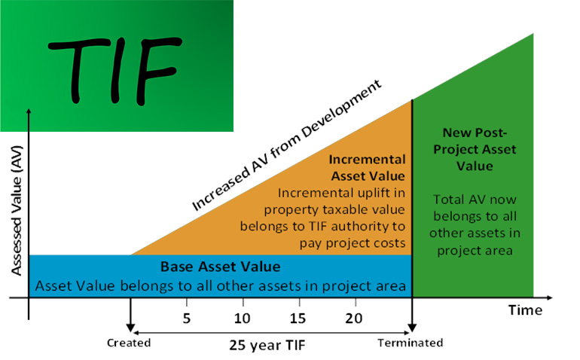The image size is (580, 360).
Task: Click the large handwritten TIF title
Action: point(114,70)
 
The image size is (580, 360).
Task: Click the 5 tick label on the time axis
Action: point(187,318)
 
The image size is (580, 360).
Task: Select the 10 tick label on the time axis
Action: point(243,318)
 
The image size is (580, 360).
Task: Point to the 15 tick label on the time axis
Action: point(298,318)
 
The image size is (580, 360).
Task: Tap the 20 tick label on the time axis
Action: point(354,318)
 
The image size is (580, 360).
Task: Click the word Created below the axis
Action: point(129,343)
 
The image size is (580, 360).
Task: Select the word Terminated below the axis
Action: point(411,343)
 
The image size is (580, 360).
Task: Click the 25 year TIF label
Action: point(267,345)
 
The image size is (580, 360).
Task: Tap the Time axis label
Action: point(525,310)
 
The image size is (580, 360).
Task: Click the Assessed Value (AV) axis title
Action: point(17,211)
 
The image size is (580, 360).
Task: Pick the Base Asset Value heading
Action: point(221,267)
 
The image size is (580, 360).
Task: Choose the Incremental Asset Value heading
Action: point(368,168)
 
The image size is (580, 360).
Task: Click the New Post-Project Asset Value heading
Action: point(475,149)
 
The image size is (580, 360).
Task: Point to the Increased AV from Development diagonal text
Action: point(286,145)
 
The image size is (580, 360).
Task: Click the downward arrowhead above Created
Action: point(130,328)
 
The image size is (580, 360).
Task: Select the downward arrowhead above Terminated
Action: point(412,328)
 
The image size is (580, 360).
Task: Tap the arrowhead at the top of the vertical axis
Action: point(29,111)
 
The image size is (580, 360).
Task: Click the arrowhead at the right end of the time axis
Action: point(549,297)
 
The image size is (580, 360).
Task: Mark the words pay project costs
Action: point(353,243)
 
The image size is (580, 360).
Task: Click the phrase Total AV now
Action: point(475,200)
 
